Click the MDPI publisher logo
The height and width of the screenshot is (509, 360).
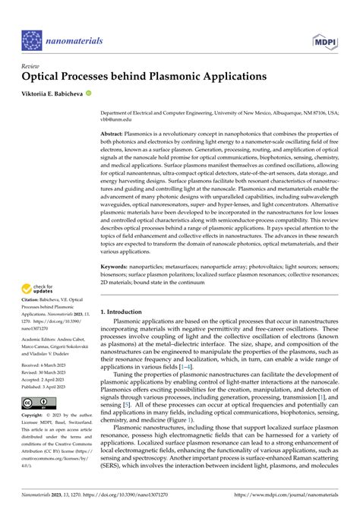[x=323, y=40]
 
